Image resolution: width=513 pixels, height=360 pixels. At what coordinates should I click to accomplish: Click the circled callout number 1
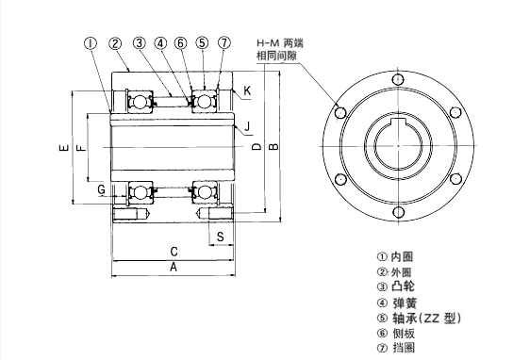(x=91, y=43)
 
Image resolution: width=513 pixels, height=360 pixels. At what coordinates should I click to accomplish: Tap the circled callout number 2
(x=115, y=43)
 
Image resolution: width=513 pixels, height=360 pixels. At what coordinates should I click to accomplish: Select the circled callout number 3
(x=139, y=43)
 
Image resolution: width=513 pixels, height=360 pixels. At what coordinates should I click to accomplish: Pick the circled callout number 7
(x=224, y=42)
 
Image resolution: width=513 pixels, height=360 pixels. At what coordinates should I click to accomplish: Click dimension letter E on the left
(x=64, y=148)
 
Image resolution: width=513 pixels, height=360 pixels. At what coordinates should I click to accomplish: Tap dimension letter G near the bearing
(x=102, y=189)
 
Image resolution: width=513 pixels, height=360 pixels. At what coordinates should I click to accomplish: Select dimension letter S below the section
(x=221, y=237)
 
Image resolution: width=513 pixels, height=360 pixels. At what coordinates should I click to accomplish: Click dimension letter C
(x=174, y=252)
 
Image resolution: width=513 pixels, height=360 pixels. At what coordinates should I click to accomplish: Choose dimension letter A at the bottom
(x=174, y=267)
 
